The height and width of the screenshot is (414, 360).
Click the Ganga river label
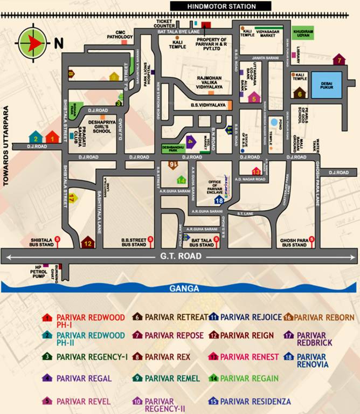[x=184, y=288]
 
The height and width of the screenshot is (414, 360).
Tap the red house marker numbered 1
[x=52, y=137]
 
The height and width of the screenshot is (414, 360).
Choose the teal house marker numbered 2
[x=36, y=137]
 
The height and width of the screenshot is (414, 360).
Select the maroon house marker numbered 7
[x=339, y=60]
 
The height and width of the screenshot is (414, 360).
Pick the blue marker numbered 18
[x=219, y=200]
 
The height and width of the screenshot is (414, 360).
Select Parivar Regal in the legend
[x=84, y=379]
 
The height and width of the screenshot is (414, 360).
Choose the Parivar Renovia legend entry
[x=311, y=361]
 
